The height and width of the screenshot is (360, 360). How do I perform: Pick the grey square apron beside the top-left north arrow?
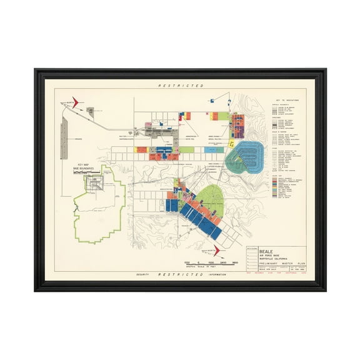(90, 111)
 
